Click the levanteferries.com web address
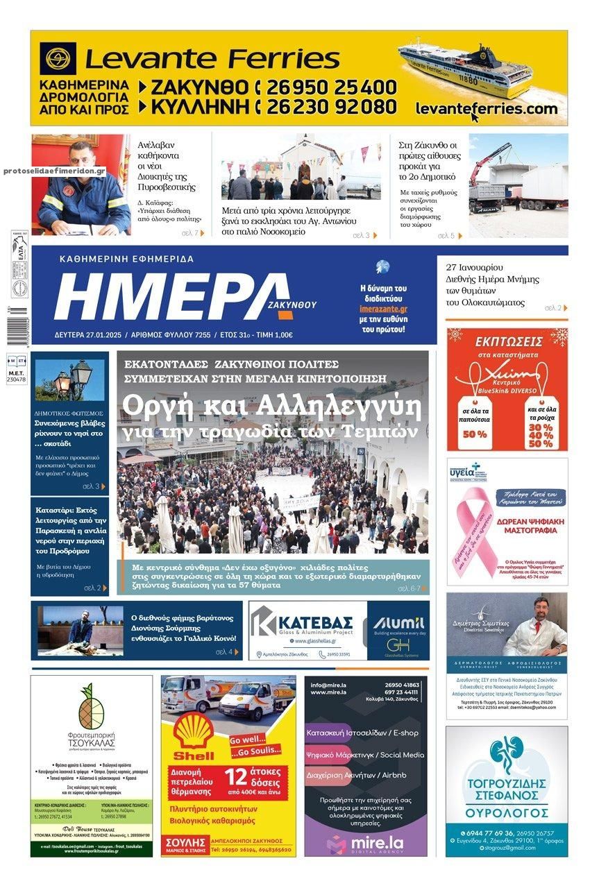[487, 109]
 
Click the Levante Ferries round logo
[58, 58]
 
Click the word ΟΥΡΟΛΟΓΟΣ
[506, 810]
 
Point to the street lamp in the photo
[73, 378]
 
